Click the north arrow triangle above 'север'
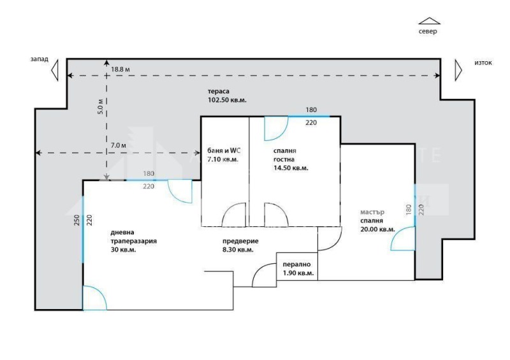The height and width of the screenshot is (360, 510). coord(429,21)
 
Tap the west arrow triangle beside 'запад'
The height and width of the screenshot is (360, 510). coord(55,69)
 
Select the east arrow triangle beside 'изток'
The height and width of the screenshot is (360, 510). coord(458,70)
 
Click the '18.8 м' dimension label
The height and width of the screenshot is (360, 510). coord(120,69)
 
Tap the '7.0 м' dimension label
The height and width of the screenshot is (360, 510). coord(119,145)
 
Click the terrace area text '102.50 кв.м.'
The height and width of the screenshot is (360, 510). coord(227,100)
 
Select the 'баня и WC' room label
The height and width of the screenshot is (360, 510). coord(224,150)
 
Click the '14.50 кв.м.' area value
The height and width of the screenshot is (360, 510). coord(291,168)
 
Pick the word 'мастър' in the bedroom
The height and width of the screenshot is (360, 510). coord(372,212)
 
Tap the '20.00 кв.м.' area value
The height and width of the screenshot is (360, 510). coord(377,229)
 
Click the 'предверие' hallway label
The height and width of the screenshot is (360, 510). coord(240,241)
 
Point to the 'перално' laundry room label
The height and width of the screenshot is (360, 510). coord(296,264)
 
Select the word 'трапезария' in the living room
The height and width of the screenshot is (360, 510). coord(134,241)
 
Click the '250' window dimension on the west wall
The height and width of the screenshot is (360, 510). coord(76,220)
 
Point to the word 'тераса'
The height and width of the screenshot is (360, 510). coord(219,91)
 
